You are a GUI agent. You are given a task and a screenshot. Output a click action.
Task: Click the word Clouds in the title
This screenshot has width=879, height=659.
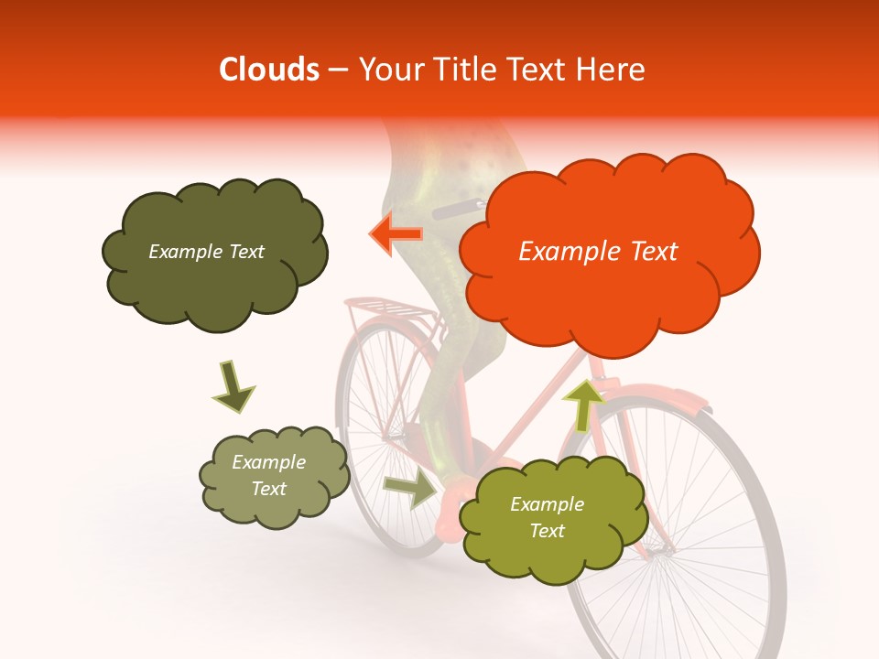(x=270, y=70)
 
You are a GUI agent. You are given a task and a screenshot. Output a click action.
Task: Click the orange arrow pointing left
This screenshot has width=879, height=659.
(x=396, y=234)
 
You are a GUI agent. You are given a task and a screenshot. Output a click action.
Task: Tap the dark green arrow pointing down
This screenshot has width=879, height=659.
(x=233, y=387)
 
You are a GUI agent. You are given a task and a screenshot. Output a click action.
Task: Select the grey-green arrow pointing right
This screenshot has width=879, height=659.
(x=410, y=490)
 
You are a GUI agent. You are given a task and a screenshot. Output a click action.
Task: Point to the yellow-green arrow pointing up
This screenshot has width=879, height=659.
(x=583, y=404)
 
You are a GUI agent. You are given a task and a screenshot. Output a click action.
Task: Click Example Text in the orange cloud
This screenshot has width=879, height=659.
(x=598, y=252)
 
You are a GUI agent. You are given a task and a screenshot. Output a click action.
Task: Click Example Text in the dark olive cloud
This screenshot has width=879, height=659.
(x=206, y=252)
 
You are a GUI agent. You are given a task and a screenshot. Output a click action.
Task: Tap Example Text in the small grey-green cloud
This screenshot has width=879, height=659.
(x=269, y=476)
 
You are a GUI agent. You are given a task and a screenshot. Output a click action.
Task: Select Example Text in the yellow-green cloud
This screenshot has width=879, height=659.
(x=548, y=517)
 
